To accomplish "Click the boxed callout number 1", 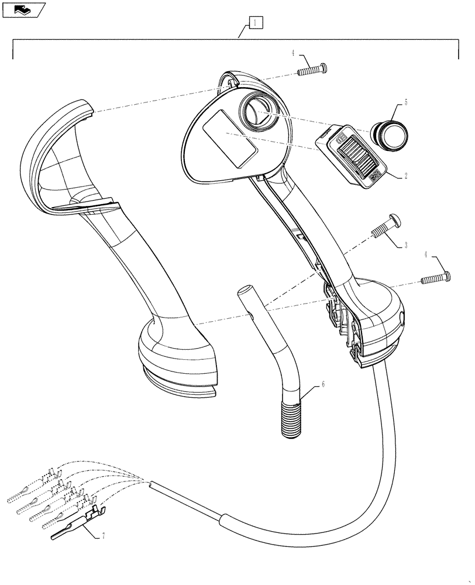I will (256, 23).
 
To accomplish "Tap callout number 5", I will (398, 102).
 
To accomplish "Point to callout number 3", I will (405, 246).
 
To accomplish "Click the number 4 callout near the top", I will (292, 53).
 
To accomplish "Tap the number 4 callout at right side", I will (426, 254).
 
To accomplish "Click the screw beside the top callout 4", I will (312, 70).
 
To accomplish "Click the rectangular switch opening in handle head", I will (230, 140).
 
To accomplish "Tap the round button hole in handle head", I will (256, 112).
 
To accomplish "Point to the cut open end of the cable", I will (152, 485).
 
